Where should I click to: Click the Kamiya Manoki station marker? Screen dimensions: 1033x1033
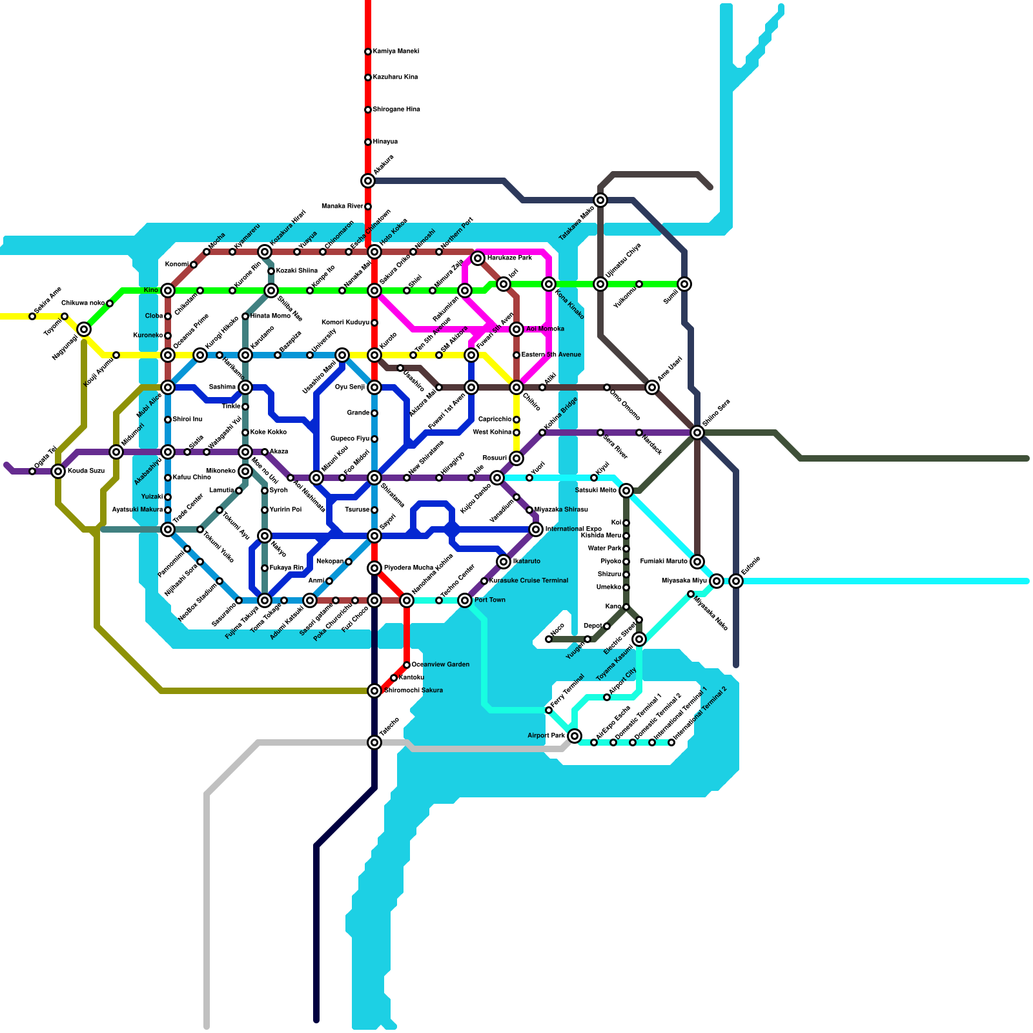(368, 52)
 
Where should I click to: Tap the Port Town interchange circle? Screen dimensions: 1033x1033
(465, 600)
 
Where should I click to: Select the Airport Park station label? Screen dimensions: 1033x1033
(546, 735)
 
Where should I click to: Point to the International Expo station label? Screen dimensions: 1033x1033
(573, 529)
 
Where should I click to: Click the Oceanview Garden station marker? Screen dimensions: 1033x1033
(407, 665)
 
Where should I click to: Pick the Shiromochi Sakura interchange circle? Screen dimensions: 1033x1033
(374, 691)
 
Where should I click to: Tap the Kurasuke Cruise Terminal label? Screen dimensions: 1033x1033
(529, 580)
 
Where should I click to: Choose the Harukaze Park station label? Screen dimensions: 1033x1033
(509, 258)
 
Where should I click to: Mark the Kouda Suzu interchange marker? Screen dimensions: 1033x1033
(58, 471)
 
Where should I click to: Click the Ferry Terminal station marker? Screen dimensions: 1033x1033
(549, 710)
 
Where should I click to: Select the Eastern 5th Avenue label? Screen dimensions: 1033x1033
(551, 354)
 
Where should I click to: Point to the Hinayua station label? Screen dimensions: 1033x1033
(385, 141)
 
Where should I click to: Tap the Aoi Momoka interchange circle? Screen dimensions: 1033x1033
(516, 329)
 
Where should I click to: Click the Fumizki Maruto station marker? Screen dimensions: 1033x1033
(697, 562)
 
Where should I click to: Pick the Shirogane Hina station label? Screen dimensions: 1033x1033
(396, 109)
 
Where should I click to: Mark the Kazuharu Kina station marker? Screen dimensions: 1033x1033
(368, 77)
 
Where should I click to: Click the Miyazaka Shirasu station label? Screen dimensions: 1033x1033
(561, 509)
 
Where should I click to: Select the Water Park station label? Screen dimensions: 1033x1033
(605, 548)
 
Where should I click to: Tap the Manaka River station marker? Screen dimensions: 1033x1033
(368, 207)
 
